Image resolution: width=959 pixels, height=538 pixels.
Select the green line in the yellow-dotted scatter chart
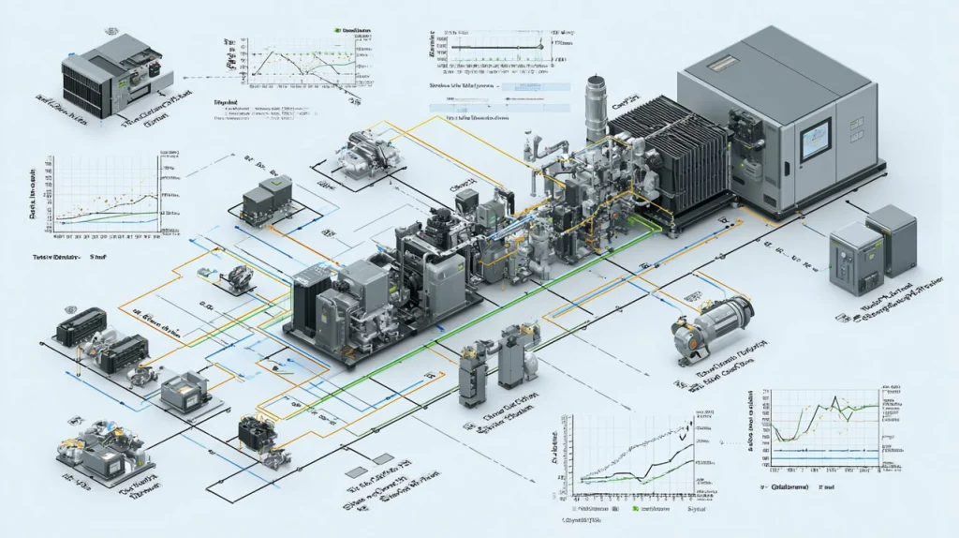click(x=103, y=217)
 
